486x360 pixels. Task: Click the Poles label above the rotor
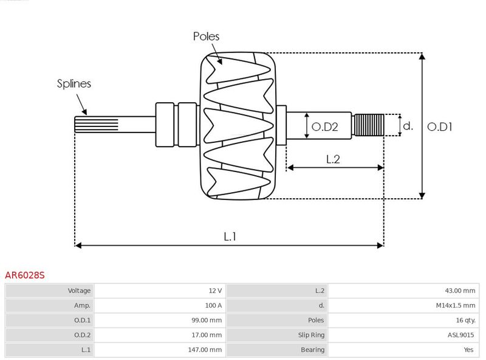click(x=206, y=36)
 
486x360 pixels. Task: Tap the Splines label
click(x=74, y=84)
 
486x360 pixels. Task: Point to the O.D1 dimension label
click(x=440, y=126)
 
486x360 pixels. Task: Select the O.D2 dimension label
click(x=324, y=126)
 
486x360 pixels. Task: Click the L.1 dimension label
click(x=230, y=237)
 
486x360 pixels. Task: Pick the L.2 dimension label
click(x=333, y=159)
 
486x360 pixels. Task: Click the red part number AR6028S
click(x=25, y=275)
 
